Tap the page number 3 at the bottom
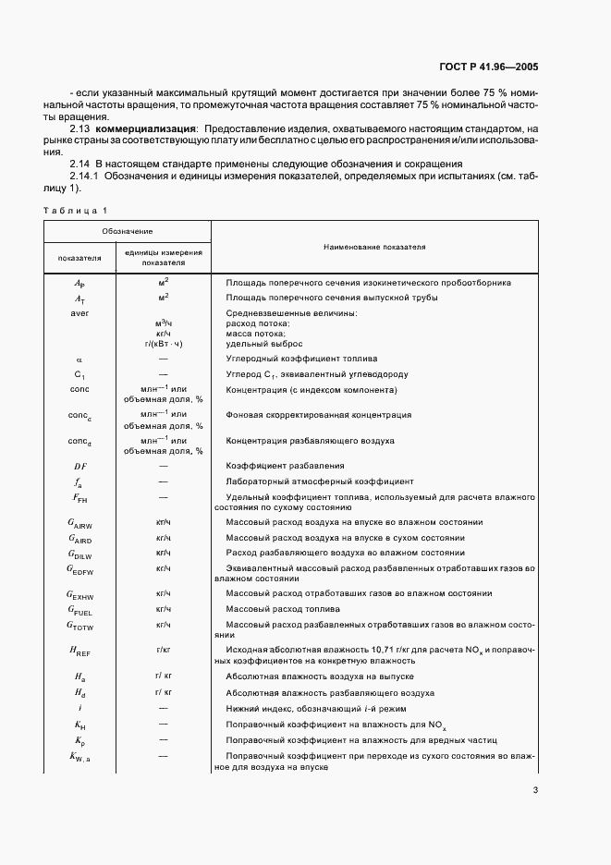coord(535,790)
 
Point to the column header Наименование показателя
coord(374,248)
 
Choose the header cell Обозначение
coord(128,230)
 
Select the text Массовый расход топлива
coord(279,609)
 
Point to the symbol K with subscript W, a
coord(80,757)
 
